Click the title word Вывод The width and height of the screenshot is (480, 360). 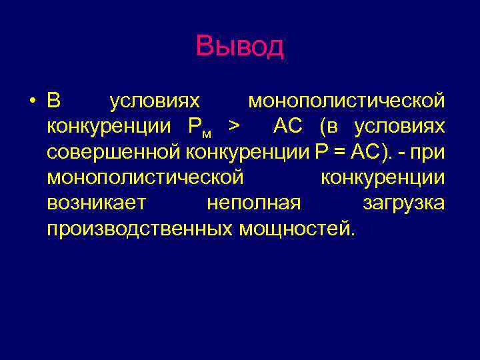(239, 47)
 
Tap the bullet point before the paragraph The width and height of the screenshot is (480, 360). (31, 101)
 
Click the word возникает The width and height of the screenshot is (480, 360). (97, 203)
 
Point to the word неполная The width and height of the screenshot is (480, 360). (254, 203)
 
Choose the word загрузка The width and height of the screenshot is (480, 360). (403, 203)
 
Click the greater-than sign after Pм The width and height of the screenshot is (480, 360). (233, 127)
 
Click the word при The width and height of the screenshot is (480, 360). (427, 153)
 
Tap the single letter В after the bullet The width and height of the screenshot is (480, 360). (54, 101)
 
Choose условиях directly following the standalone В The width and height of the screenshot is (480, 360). (155, 101)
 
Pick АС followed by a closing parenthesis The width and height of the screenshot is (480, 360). (365, 153)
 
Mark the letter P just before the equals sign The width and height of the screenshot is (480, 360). (321, 153)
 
